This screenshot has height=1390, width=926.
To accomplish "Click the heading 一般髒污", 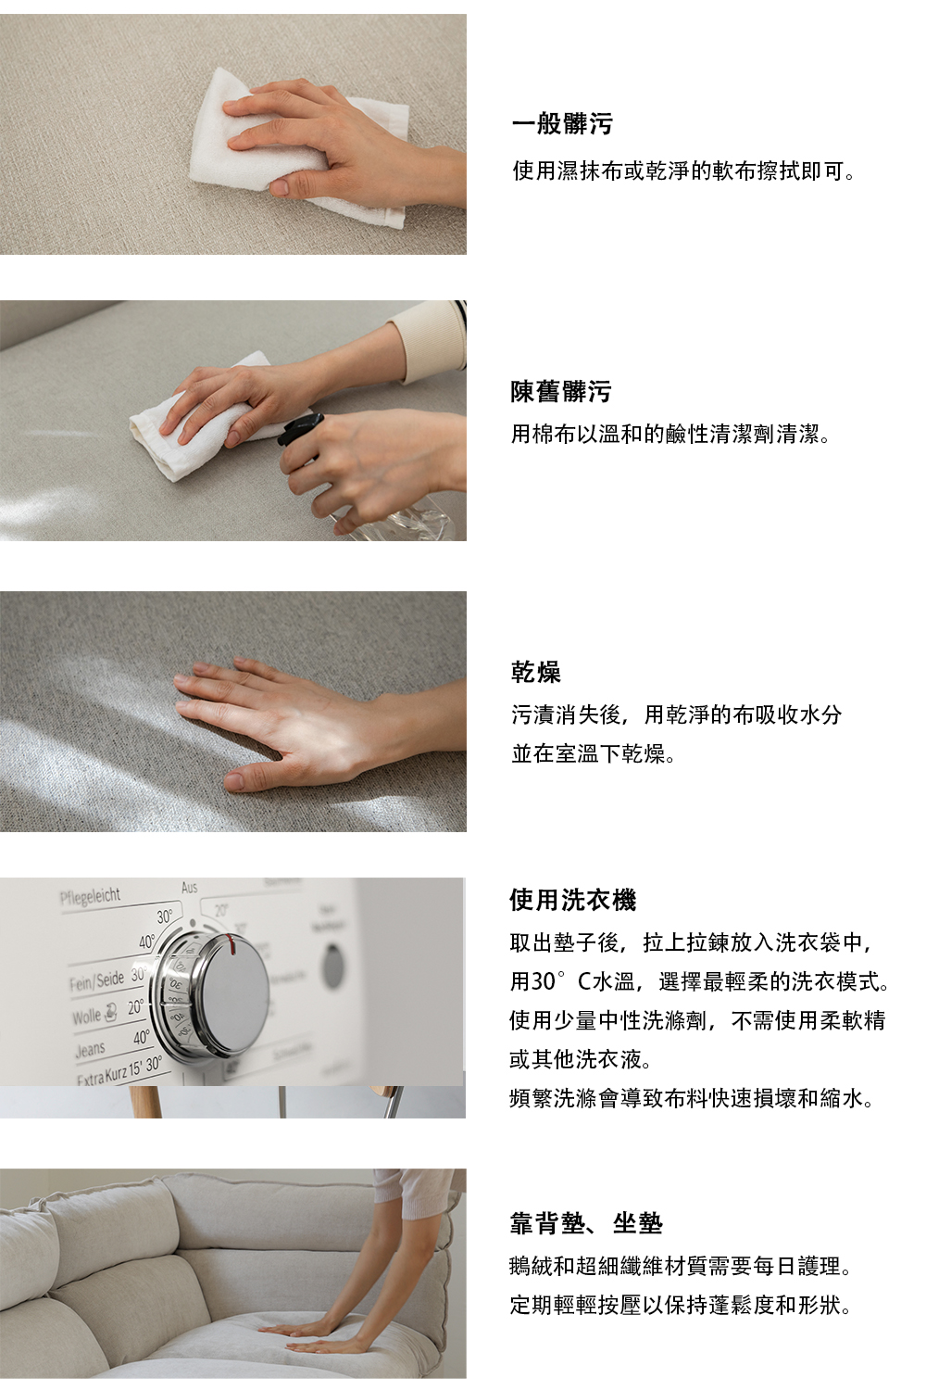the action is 562,123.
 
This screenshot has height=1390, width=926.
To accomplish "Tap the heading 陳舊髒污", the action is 560,392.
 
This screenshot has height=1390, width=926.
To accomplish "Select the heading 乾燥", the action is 536,672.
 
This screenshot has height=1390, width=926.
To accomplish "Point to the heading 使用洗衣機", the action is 573,900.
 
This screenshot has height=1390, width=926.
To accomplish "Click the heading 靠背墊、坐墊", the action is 586,1223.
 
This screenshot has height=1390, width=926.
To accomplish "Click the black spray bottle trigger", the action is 300,429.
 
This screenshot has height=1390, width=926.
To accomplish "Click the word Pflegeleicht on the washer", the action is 90,896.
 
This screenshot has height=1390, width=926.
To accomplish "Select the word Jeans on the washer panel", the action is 91,1049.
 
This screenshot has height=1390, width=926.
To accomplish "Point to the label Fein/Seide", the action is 96,980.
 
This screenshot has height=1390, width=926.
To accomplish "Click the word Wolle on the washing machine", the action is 86,1017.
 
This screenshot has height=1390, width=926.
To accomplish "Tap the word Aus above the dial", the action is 189,888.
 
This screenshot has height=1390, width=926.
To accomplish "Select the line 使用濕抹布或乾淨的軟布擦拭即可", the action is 682,171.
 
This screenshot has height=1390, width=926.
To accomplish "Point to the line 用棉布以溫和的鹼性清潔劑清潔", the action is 669,435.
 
